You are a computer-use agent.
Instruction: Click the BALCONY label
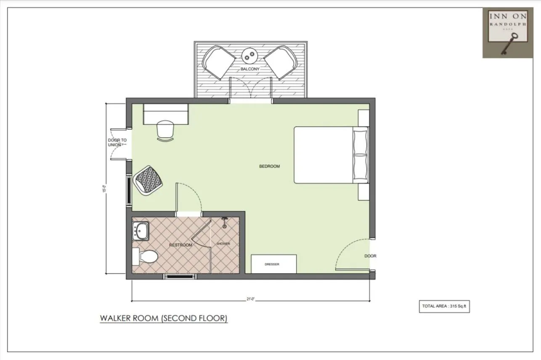click(250, 69)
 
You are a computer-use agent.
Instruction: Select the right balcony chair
click(281, 62)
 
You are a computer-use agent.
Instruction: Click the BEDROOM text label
click(269, 166)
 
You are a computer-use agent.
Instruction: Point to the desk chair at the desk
click(165, 130)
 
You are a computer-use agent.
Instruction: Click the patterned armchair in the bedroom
click(148, 180)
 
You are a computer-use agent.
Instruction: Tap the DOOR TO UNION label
click(117, 142)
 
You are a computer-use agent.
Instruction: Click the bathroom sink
click(141, 231)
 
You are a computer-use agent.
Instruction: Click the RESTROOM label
click(180, 245)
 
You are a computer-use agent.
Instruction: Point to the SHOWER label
click(223, 244)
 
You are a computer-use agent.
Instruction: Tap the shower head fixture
click(225, 222)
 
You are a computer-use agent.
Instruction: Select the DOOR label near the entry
click(370, 256)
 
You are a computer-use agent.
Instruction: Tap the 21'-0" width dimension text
click(251, 299)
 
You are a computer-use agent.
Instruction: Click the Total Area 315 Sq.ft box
click(444, 306)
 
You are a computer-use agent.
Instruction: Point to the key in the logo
click(509, 44)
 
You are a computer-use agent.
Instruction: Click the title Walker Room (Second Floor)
click(164, 318)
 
